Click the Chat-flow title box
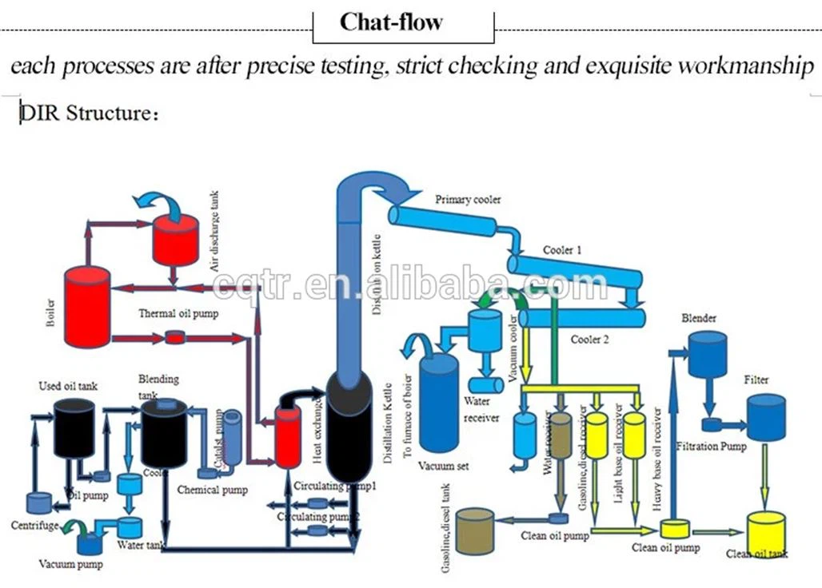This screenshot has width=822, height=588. [x=403, y=23]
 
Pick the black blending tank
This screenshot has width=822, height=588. [x=164, y=435]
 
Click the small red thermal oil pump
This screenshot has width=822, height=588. [x=174, y=338]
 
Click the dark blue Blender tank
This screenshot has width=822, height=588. [x=708, y=353]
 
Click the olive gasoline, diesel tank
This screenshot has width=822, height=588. [x=475, y=532]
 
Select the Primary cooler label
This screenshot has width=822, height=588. [x=468, y=199]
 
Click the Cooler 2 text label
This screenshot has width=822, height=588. [x=590, y=340]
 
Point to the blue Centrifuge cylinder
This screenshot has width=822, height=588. [x=38, y=503]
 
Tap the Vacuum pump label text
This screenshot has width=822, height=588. [x=71, y=563]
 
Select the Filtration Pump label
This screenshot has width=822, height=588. [x=711, y=446]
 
